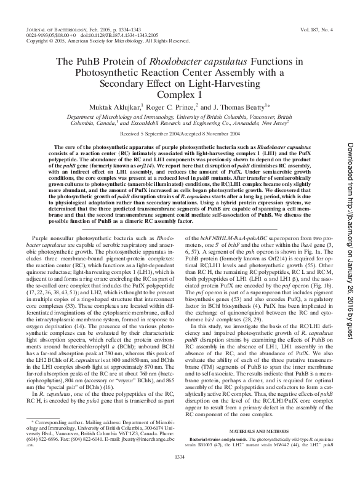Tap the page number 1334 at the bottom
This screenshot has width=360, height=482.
click(x=179, y=473)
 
